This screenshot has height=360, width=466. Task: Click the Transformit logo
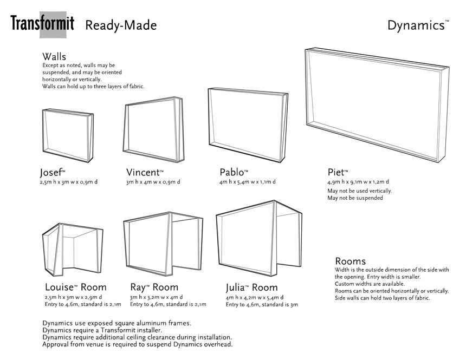point(42,24)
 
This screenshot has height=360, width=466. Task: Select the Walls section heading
point(54,57)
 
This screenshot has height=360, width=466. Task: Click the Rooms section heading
point(350,261)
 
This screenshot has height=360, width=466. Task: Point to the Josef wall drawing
point(66,135)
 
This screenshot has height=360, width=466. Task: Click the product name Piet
point(338,173)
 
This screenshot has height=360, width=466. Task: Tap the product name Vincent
point(144,173)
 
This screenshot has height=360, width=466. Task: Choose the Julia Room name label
point(251,287)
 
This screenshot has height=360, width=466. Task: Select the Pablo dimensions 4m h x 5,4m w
point(248,182)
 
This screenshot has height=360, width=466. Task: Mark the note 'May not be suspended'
point(355,198)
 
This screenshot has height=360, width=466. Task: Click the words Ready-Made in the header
point(121,25)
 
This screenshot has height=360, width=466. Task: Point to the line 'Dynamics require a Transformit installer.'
point(102,330)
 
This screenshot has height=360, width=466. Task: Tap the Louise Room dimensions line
point(73,297)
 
